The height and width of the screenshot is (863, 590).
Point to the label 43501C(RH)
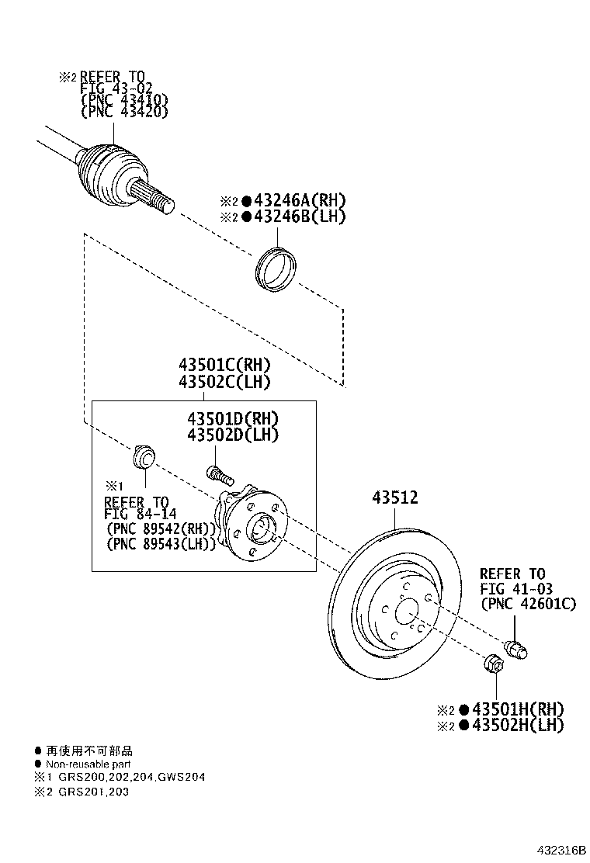point(225,365)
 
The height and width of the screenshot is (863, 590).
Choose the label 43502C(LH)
point(225,382)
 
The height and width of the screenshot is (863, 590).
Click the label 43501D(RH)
point(233,418)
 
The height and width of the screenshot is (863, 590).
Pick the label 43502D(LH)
point(233,435)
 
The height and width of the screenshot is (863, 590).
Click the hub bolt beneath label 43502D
point(219,473)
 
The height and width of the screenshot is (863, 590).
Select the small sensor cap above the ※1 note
point(144,457)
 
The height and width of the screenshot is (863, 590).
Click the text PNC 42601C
point(528,603)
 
